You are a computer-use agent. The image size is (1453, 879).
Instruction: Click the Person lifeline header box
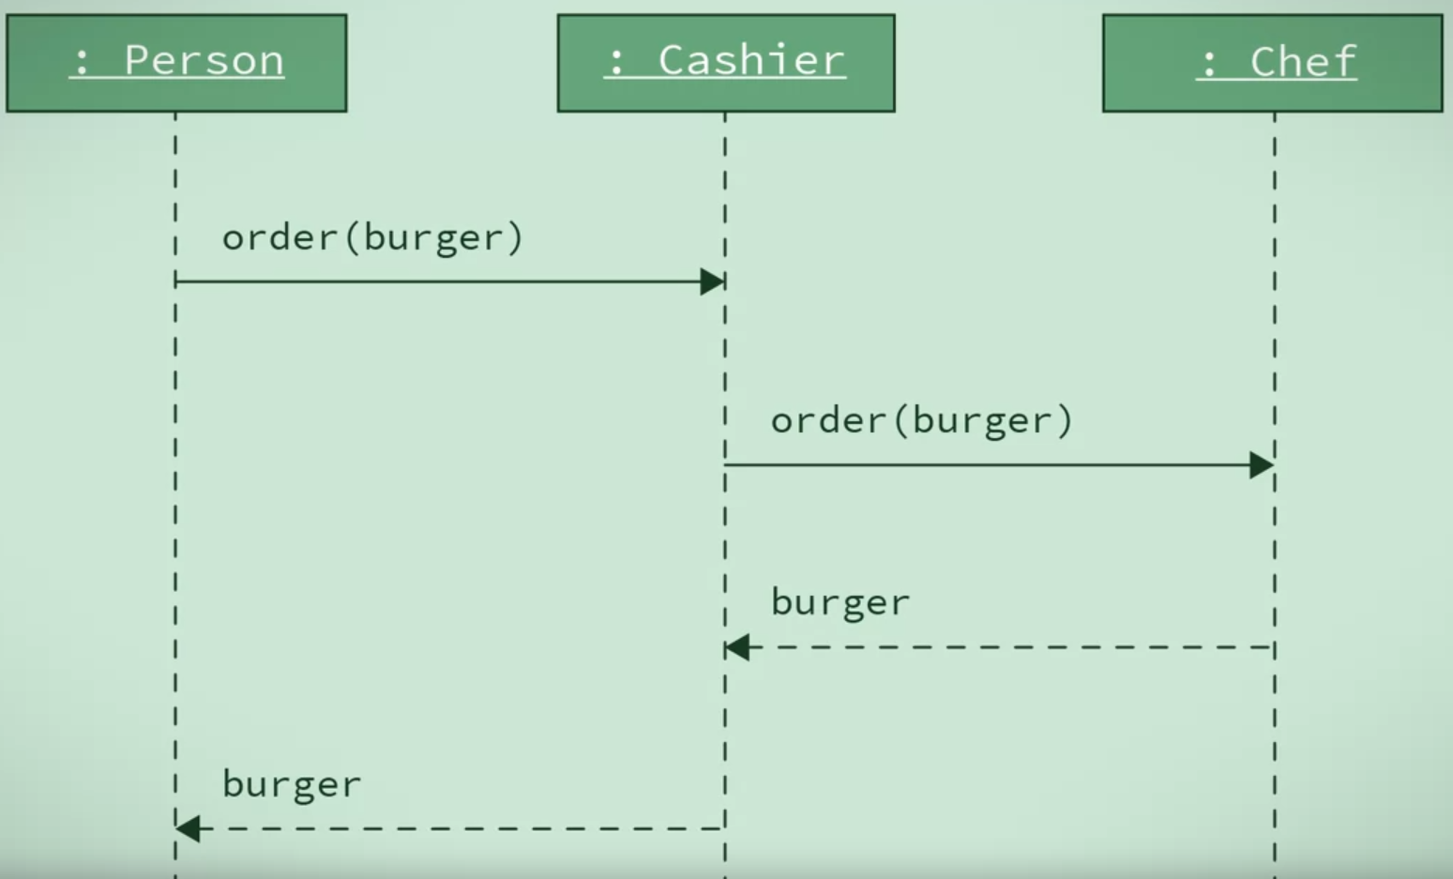tap(176, 63)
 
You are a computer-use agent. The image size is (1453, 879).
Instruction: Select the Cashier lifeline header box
tap(726, 63)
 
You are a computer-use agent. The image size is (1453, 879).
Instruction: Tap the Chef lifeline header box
tap(1272, 63)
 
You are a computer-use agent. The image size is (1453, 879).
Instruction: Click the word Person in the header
tap(204, 61)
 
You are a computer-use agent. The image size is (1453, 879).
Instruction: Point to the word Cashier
tap(751, 61)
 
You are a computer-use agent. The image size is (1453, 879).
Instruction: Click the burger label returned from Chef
tap(840, 602)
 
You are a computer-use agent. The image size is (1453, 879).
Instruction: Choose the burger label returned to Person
tap(291, 784)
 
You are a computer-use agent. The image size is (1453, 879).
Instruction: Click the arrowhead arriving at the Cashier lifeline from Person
tap(712, 281)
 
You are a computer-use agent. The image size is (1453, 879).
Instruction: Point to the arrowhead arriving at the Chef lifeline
tap(1262, 464)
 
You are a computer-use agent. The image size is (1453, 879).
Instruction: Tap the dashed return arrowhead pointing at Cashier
tap(737, 647)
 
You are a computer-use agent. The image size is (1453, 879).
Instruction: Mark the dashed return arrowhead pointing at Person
tap(188, 828)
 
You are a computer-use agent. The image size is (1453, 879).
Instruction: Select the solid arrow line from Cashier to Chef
tap(985, 464)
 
